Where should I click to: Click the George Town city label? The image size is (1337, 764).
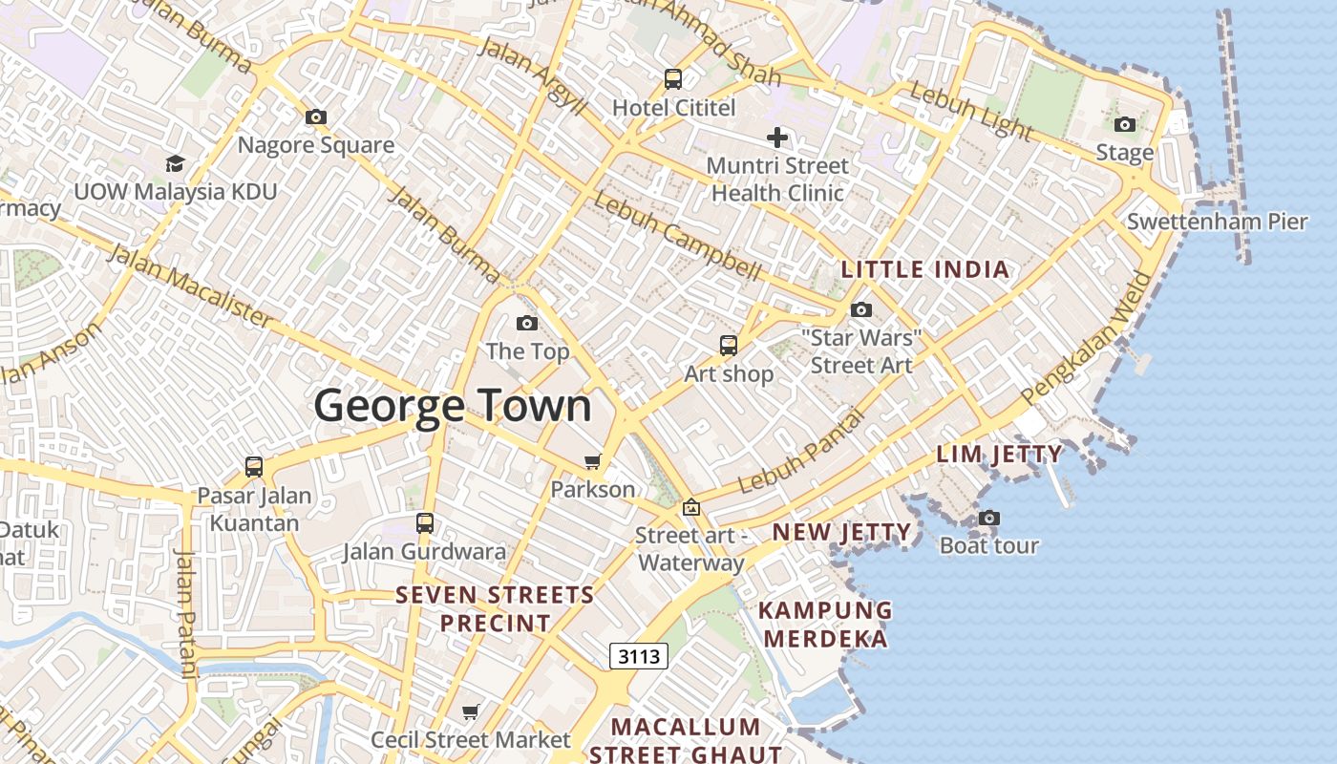(x=453, y=406)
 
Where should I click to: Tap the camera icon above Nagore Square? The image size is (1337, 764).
(x=316, y=117)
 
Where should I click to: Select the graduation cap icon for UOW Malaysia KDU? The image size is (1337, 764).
(x=175, y=164)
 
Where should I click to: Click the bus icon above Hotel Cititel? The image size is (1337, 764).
(x=673, y=78)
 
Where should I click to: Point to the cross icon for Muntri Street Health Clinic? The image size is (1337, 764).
(x=777, y=138)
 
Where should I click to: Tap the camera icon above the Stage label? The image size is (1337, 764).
(x=1125, y=124)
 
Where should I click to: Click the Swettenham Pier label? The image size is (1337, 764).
(x=1217, y=222)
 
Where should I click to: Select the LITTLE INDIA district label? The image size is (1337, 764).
(x=924, y=269)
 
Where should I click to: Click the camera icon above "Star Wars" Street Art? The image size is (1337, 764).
(x=861, y=309)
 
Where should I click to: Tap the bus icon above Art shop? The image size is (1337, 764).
(x=729, y=345)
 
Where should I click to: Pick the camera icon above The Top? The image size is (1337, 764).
(x=526, y=323)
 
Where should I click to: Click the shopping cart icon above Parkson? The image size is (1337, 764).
(x=593, y=462)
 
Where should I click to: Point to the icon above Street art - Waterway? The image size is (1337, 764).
(x=690, y=507)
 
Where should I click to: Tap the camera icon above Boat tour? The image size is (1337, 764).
(x=989, y=518)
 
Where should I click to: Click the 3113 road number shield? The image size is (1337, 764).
(x=638, y=656)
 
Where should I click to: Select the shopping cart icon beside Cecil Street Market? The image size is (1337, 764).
(x=470, y=711)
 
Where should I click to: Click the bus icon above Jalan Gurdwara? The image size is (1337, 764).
(x=425, y=523)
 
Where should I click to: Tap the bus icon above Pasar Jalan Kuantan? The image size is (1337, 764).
(x=254, y=467)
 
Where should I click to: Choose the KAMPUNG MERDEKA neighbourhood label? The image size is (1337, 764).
(x=826, y=624)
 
